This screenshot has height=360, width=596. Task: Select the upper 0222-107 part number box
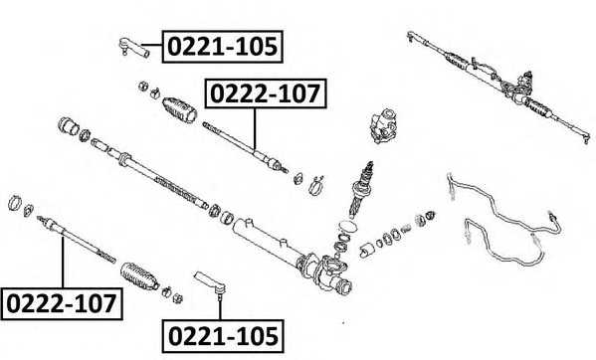[265, 95]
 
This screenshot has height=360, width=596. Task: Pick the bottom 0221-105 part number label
[221, 334]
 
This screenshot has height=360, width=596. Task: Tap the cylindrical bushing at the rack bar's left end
[70, 127]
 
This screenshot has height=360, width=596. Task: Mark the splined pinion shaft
[362, 185]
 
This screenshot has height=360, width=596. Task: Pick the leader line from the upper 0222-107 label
[255, 128]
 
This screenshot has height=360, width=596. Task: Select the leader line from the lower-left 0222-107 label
[63, 259]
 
